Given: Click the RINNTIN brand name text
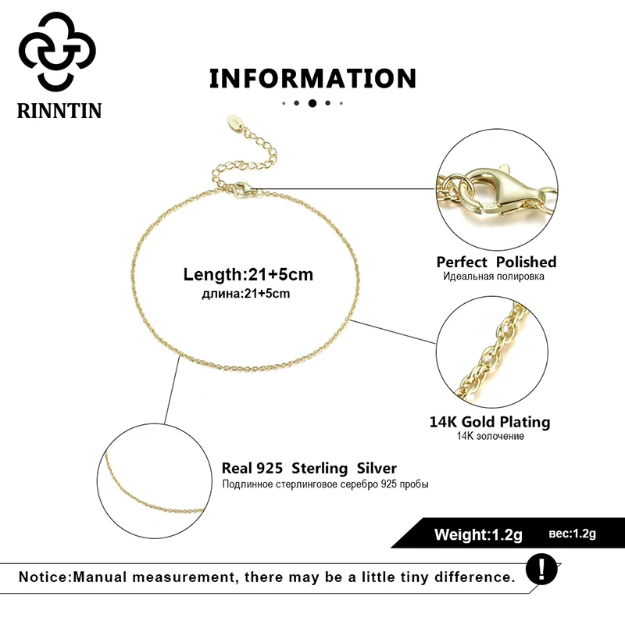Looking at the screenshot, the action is [x=59, y=110].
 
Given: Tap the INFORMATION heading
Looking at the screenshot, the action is [x=312, y=78].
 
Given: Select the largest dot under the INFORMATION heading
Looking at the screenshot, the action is [x=312, y=102].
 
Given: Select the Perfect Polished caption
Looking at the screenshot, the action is [x=496, y=262].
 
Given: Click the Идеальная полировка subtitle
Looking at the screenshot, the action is [x=494, y=277].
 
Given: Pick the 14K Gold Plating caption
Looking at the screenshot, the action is [x=490, y=422].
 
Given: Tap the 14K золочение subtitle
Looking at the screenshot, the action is [x=491, y=436].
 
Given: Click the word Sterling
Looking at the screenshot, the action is [x=320, y=469].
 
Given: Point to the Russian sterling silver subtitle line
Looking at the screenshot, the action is [x=325, y=484].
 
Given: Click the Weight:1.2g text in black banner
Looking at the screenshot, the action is [x=478, y=534].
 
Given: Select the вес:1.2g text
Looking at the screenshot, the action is [x=573, y=534].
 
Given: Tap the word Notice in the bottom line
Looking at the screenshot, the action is [x=44, y=578].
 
